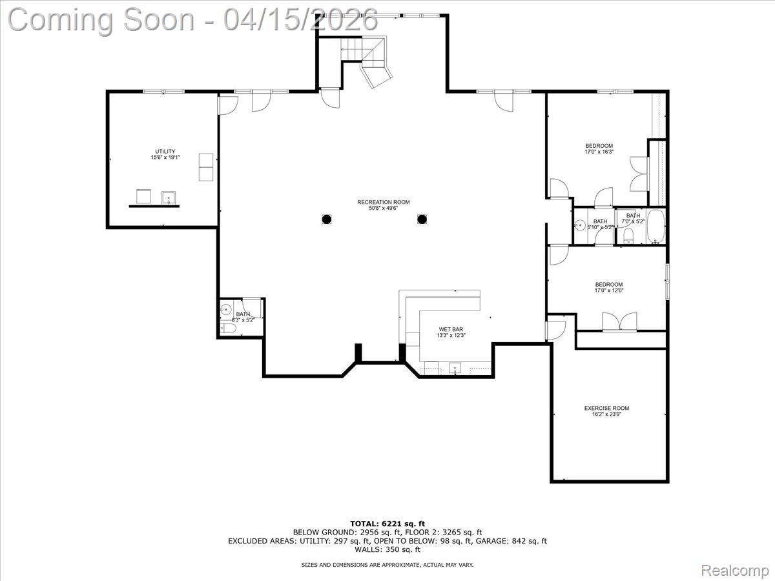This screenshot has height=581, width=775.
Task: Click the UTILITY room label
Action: click(x=165, y=152)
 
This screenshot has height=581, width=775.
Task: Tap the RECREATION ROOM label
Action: click(x=384, y=202)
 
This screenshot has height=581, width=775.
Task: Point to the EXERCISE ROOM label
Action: click(x=606, y=408)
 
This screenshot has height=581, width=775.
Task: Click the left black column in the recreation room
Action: click(x=327, y=219)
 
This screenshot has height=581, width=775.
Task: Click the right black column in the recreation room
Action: click(x=422, y=219)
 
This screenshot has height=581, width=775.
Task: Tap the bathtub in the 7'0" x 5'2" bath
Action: click(x=656, y=227)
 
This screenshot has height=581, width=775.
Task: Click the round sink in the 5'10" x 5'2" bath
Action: click(x=580, y=225)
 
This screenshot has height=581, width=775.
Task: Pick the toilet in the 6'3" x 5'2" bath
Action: click(x=227, y=329)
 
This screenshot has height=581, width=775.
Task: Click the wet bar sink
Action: click(x=455, y=369)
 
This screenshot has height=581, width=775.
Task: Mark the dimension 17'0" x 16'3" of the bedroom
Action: click(x=599, y=152)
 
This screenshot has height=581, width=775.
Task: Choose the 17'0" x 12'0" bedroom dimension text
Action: click(x=608, y=290)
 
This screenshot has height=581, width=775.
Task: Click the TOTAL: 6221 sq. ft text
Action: click(x=387, y=524)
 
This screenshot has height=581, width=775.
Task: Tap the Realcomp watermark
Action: click(x=735, y=570)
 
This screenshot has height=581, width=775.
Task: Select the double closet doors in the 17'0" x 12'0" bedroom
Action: click(x=619, y=322)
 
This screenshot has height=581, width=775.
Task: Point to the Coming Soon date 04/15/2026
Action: click(x=301, y=19)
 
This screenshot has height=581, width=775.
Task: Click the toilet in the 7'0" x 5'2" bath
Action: click(x=628, y=235)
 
